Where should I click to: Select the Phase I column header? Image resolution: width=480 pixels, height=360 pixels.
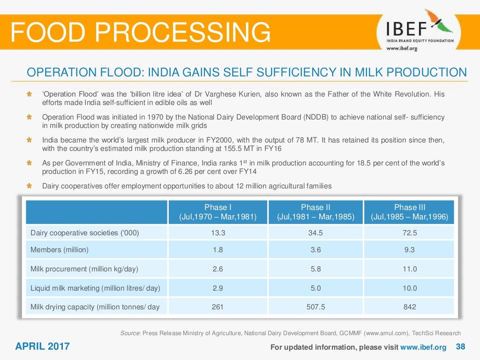point(218,212)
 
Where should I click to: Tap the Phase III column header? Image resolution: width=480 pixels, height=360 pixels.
point(409,212)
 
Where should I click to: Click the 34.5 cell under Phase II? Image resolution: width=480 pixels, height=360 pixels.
point(315,232)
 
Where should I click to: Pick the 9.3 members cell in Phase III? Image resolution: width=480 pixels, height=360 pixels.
point(409,250)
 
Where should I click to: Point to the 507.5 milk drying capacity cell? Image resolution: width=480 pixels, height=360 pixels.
point(315,307)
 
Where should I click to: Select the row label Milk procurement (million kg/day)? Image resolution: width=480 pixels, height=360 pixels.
point(84,269)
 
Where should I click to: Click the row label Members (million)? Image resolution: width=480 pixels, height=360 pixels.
point(60,250)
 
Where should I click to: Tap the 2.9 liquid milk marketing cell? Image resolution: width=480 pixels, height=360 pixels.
point(217,288)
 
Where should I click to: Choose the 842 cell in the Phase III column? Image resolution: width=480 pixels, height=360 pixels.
point(409,307)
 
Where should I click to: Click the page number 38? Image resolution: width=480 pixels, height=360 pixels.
point(460,347)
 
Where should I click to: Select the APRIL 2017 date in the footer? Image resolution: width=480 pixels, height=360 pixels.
point(42,347)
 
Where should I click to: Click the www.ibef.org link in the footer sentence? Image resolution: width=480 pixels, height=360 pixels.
point(423,347)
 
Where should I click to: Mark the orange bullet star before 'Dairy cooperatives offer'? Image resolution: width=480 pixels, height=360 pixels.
point(29,186)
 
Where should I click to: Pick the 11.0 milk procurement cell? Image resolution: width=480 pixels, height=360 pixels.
point(409,269)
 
